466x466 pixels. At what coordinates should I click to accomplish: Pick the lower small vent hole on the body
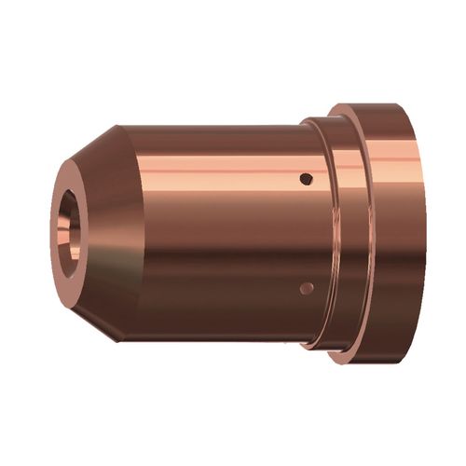click(305, 289)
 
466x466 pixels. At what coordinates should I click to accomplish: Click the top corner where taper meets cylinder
click(118, 125)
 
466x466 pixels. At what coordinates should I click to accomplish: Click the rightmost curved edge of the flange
click(427, 233)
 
